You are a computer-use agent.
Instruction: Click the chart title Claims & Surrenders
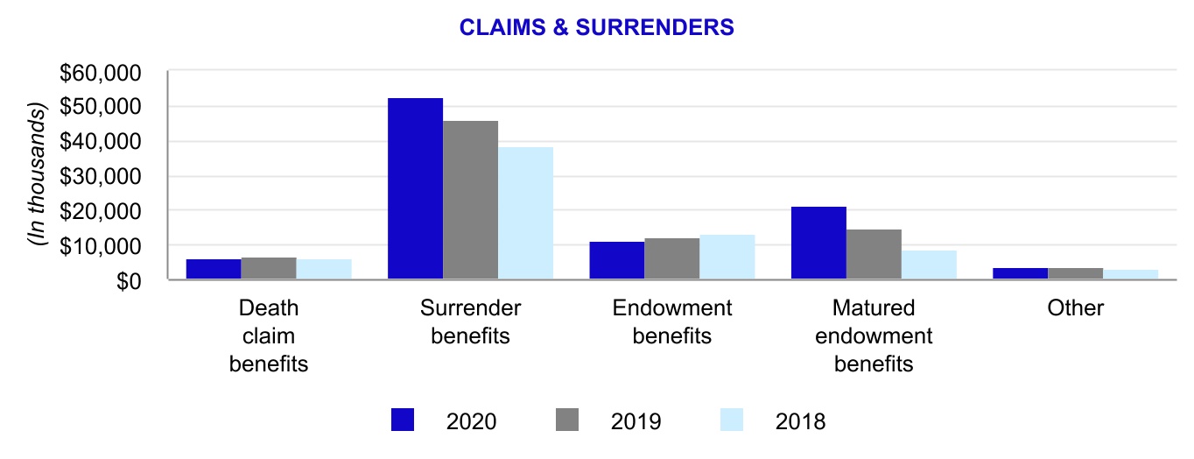click(x=597, y=28)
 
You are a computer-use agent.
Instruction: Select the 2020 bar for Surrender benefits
click(x=415, y=189)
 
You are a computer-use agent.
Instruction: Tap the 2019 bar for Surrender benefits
click(x=470, y=201)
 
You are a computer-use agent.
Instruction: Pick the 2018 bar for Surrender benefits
click(x=525, y=214)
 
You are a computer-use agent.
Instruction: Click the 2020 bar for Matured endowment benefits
click(x=818, y=244)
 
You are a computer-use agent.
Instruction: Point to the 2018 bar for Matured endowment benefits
click(x=929, y=265)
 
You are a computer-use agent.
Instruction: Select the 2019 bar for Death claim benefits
click(x=269, y=269)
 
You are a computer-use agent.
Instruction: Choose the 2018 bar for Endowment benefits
click(x=727, y=258)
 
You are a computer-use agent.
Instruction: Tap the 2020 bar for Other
click(x=1020, y=274)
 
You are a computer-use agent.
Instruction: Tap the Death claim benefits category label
click(x=269, y=335)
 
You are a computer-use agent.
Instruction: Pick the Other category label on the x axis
click(x=1075, y=308)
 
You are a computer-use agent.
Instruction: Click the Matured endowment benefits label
click(x=874, y=335)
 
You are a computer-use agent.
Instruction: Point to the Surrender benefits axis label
click(x=470, y=321)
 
